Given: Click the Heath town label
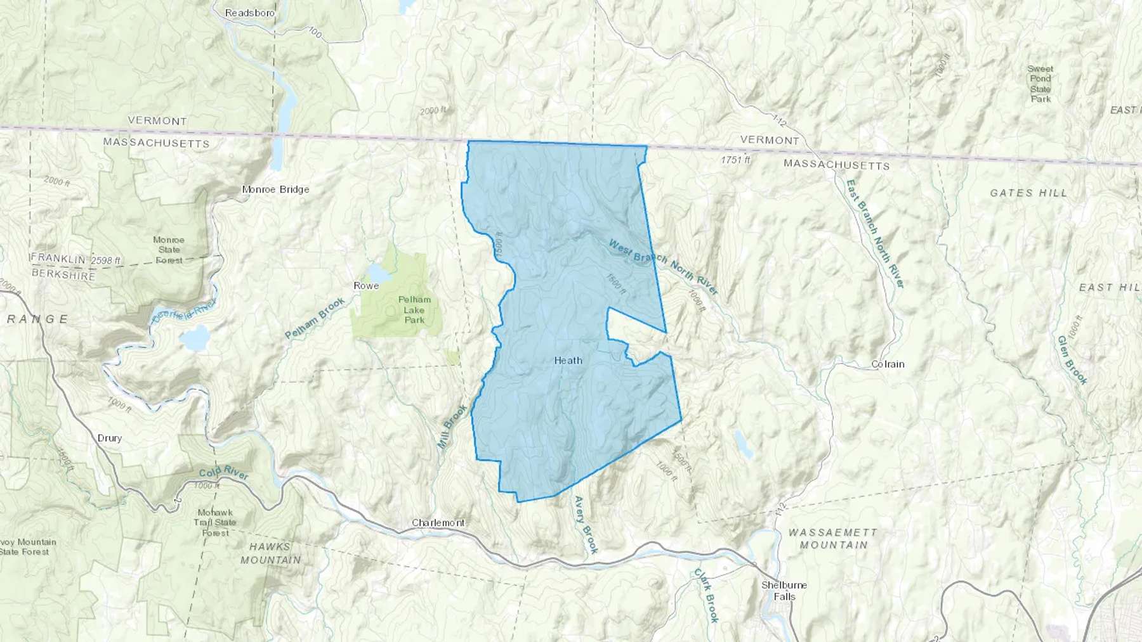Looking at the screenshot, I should (568, 361).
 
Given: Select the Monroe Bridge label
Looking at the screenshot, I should (275, 189).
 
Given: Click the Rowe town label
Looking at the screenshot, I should (366, 286).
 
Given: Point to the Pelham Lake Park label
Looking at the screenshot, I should (414, 309).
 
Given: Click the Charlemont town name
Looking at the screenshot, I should (438, 523).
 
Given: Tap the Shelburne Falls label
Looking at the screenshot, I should (784, 591).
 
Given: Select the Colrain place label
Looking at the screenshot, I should (888, 364).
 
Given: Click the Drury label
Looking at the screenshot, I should (109, 438).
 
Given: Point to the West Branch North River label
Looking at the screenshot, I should (663, 267).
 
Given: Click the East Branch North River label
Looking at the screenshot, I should (874, 233).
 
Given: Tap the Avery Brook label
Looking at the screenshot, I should (586, 525).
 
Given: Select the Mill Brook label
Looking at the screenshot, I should (452, 427).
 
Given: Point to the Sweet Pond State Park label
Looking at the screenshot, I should (1040, 84).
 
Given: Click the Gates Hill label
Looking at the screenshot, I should (1028, 193).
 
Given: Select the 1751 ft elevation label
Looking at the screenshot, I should (735, 160).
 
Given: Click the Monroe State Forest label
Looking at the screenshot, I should (169, 250).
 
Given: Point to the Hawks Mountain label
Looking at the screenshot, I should (270, 553).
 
